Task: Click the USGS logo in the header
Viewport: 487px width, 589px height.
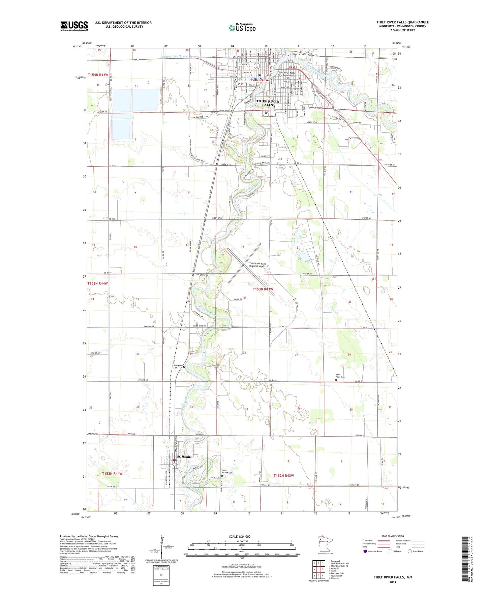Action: tap(74, 26)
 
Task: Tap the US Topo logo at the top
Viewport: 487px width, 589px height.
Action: tap(242, 28)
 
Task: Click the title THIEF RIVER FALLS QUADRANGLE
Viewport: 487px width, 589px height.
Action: tap(402, 22)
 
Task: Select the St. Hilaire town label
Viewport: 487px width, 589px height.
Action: tap(184, 457)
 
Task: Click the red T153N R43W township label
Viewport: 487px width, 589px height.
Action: tap(263, 289)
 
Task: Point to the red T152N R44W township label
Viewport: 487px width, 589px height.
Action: tap(112, 474)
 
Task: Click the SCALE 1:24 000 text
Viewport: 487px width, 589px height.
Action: tap(240, 537)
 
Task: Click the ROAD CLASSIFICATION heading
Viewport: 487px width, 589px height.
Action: tap(393, 536)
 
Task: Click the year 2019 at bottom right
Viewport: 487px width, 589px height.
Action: tap(393, 582)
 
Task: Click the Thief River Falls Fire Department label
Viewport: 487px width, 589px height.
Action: tap(286, 74)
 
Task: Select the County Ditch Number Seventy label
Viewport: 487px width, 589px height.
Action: tap(181, 57)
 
